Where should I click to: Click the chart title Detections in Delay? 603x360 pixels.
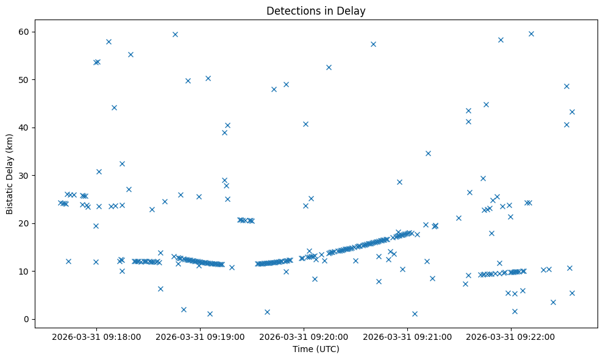316,10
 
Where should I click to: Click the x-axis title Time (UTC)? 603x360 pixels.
316,349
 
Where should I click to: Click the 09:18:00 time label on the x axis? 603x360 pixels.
96,336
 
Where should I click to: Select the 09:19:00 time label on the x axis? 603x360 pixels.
200,336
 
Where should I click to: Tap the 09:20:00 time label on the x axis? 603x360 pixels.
304,336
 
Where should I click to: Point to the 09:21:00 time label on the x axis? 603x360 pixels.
407,336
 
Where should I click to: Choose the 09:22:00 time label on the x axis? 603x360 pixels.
511,336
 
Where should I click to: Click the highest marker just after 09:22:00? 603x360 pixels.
531,34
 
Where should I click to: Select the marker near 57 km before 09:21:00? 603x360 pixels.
373,44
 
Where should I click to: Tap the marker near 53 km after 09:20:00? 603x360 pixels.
329,67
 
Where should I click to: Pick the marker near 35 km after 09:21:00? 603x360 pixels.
428,153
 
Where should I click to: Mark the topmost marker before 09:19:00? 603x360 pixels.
175,34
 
